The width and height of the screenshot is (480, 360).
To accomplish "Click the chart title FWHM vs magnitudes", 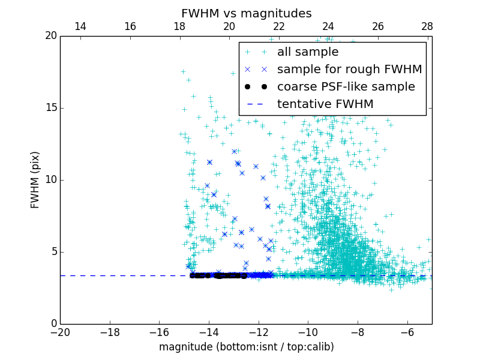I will [246, 13].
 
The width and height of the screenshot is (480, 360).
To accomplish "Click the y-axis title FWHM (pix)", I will [35, 180].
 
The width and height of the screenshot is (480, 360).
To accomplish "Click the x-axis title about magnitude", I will [246, 347].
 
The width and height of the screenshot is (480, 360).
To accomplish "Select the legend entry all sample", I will [307, 52].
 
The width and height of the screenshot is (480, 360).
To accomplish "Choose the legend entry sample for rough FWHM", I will [349, 70].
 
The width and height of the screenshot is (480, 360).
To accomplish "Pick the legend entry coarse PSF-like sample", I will [346, 87].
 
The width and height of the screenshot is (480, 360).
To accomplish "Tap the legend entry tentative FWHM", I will [325, 104].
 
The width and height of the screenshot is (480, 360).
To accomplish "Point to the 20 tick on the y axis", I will [50, 36].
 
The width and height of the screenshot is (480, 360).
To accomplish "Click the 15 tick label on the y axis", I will [50, 108].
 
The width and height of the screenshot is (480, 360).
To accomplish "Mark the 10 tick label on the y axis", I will [50, 180].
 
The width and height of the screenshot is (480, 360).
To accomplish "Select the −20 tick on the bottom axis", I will [60, 332].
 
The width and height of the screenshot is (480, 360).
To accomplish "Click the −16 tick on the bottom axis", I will [159, 332].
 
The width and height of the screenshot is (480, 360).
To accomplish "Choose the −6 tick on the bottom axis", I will [407, 332].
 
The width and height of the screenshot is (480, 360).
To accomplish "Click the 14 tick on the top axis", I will [80, 26].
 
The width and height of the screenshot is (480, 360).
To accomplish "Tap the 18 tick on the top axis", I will [179, 26].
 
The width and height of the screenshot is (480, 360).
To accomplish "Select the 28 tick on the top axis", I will [427, 26].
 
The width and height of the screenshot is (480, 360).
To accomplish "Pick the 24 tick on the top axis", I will [328, 26].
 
